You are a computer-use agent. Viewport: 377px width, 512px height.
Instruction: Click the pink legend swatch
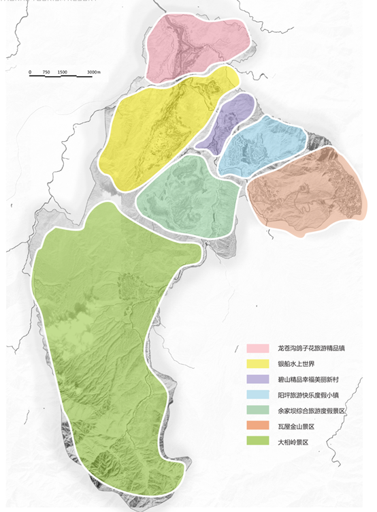coord(257,348)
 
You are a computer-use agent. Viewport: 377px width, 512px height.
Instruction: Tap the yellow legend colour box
coord(257,364)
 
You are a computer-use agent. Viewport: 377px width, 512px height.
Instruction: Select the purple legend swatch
coord(257,380)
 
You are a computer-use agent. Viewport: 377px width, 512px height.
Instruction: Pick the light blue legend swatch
coord(257,395)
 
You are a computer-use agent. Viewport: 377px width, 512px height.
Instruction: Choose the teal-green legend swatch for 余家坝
coord(257,411)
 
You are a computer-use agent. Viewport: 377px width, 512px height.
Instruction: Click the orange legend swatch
coord(257,427)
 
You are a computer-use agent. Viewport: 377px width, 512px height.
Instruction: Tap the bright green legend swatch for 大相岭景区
coord(257,442)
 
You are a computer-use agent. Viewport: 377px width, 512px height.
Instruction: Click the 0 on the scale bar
coord(31,72)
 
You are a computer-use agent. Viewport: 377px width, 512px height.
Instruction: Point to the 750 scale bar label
coord(46,72)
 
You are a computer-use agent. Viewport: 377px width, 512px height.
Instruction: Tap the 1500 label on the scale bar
coord(63,72)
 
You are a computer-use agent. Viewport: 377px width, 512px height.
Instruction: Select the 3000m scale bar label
coord(94,72)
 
